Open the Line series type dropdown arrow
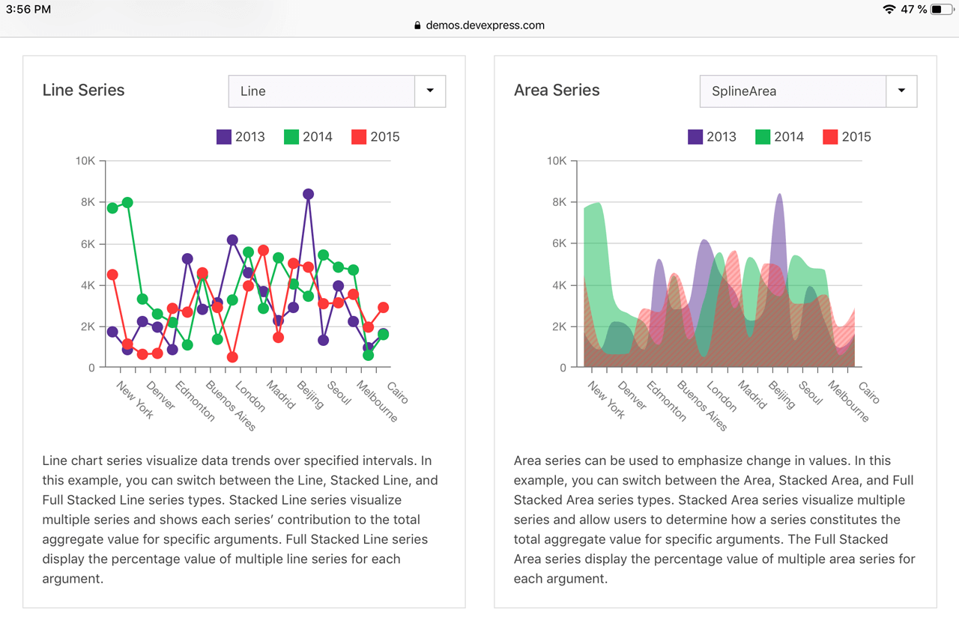[430, 91]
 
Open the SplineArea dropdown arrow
[901, 91]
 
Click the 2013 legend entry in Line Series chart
[240, 137]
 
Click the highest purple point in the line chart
[308, 194]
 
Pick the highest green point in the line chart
[127, 203]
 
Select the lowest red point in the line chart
[232, 357]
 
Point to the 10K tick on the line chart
[85, 161]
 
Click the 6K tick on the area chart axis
[556, 243]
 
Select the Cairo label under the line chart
[398, 392]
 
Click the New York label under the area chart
[606, 400]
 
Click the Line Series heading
[83, 91]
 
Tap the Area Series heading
[557, 91]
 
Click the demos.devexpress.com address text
[485, 25]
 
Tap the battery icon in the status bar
[941, 10]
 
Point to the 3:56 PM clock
[28, 10]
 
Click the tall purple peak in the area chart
[779, 225]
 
